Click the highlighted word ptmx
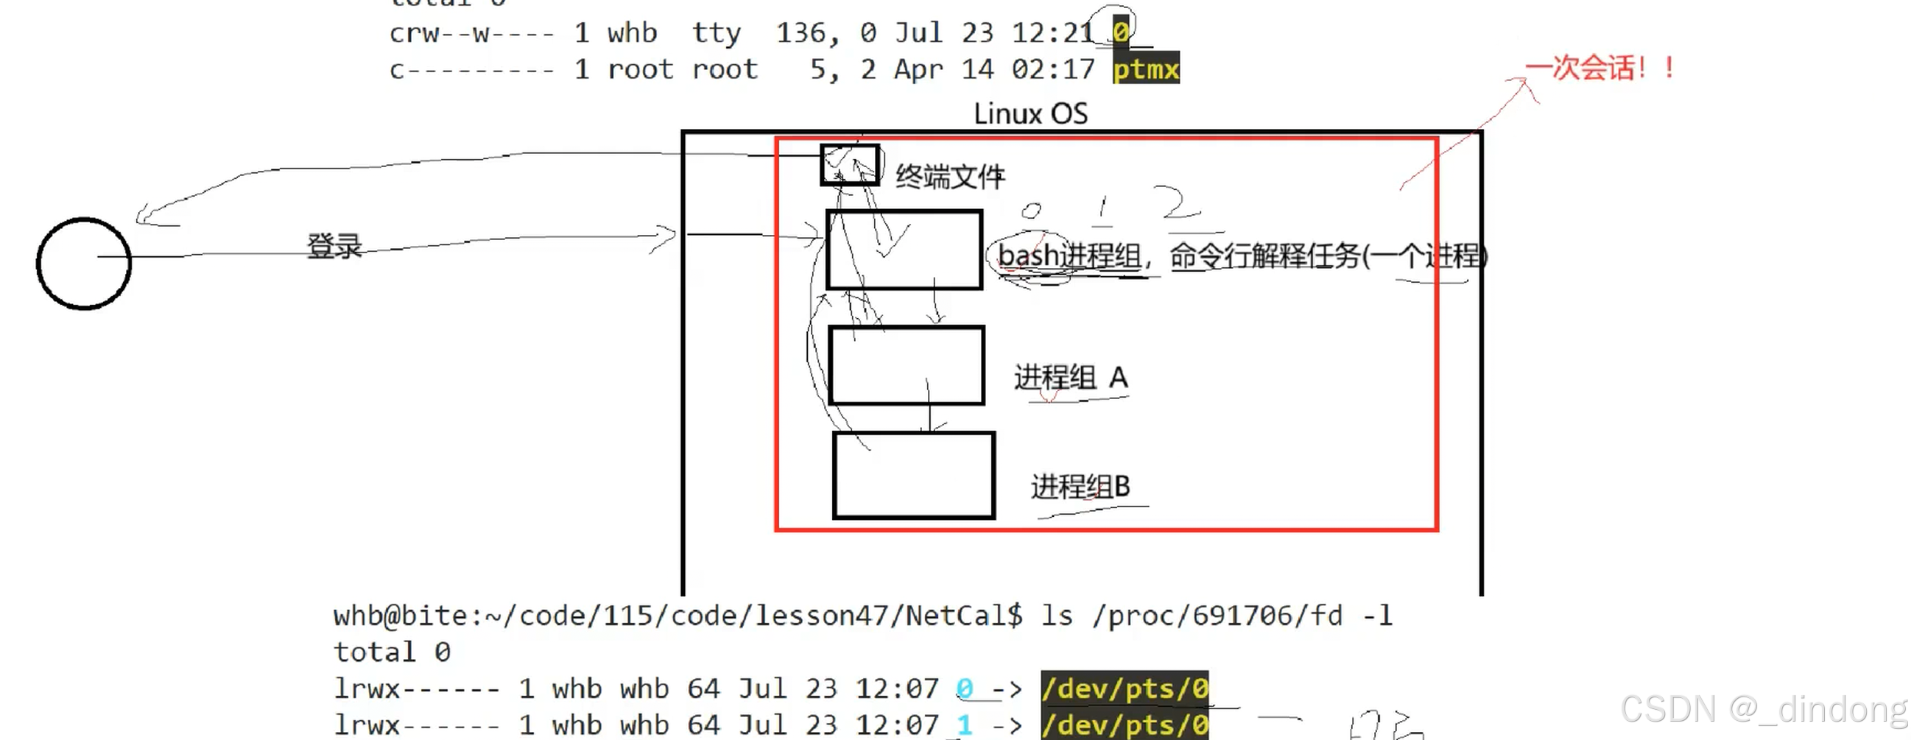pyautogui.click(x=1145, y=69)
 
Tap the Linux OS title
pyautogui.click(x=1030, y=113)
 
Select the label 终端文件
pyautogui.click(x=949, y=177)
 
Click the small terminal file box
pyautogui.click(x=850, y=165)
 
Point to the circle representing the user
pyautogui.click(x=84, y=263)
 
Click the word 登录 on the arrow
pyautogui.click(x=334, y=246)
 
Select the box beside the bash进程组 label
pyautogui.click(x=904, y=250)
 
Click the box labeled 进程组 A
pyautogui.click(x=907, y=365)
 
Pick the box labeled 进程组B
pyautogui.click(x=913, y=475)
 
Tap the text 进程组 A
pyautogui.click(x=1071, y=378)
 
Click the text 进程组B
pyautogui.click(x=1080, y=487)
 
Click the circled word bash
pyautogui.click(x=1028, y=256)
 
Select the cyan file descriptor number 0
pyautogui.click(x=964, y=689)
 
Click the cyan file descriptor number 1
pyautogui.click(x=964, y=725)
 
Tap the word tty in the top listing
pyautogui.click(x=716, y=32)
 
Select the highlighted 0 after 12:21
pyautogui.click(x=1120, y=32)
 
